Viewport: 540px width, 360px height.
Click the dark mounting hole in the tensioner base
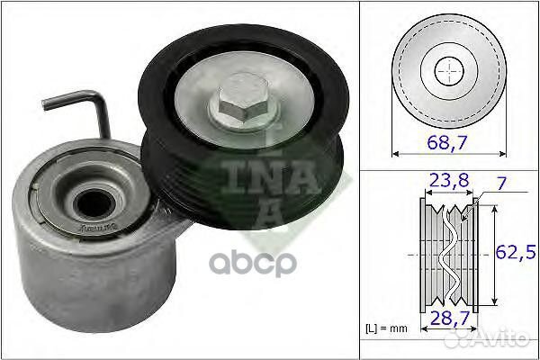click(x=95, y=204)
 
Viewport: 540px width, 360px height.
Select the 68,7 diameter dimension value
click(x=447, y=142)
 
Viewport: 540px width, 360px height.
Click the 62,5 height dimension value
click(x=516, y=253)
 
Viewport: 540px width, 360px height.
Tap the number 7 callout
click(x=502, y=184)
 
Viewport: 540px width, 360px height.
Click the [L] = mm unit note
click(x=386, y=328)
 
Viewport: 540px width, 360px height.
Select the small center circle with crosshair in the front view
click(x=449, y=71)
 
